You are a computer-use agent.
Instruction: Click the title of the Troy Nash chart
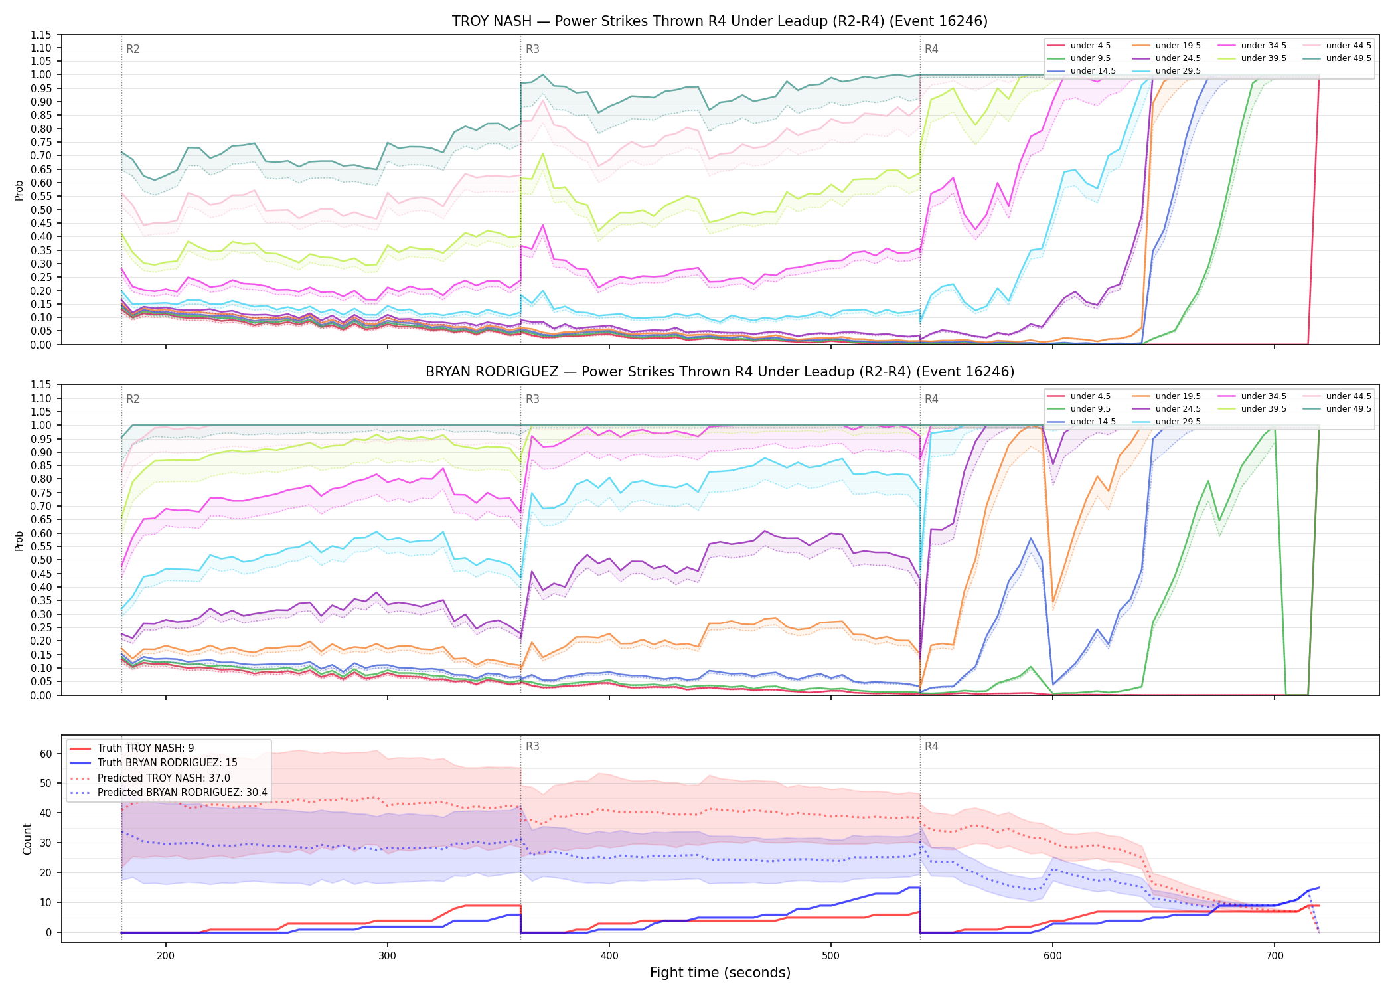click(720, 21)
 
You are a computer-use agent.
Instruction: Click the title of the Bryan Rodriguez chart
click(720, 372)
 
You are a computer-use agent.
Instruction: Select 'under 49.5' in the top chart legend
click(1348, 58)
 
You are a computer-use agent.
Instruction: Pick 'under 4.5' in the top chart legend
click(1090, 46)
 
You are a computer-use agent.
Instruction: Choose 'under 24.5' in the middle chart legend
click(1178, 409)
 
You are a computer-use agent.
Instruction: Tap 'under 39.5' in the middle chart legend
click(1263, 409)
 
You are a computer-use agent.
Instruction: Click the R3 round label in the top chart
click(532, 49)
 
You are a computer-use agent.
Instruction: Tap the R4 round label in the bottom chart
click(931, 746)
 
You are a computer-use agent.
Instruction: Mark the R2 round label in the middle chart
click(133, 399)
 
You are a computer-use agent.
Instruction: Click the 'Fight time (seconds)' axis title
click(720, 973)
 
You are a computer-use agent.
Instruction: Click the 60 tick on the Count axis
click(46, 754)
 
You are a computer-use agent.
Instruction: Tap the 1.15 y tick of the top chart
click(42, 35)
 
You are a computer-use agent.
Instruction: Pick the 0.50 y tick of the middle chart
click(42, 560)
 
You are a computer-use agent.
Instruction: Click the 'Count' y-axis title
click(27, 839)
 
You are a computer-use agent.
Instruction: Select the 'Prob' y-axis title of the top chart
click(19, 190)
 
